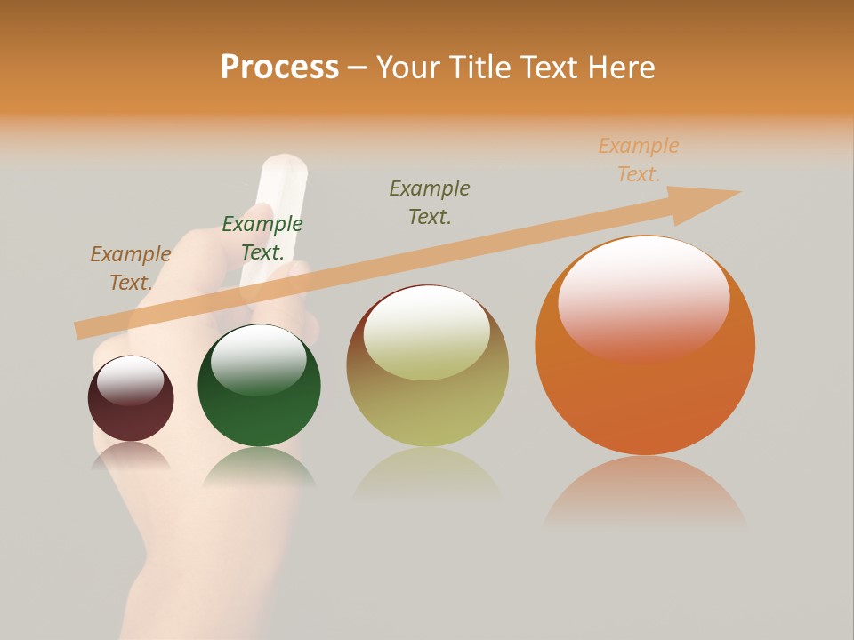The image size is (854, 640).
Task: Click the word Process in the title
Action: (x=279, y=68)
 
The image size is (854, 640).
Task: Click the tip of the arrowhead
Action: (x=740, y=192)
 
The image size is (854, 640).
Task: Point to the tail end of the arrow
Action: (x=77, y=331)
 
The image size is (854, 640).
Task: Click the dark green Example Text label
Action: (x=262, y=238)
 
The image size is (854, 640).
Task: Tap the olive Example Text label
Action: (x=430, y=202)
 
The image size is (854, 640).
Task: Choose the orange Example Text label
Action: (x=639, y=160)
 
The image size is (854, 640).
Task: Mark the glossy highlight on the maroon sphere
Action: (x=131, y=380)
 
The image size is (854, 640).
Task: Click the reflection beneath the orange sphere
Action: (x=645, y=493)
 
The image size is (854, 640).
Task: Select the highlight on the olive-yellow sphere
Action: (x=426, y=332)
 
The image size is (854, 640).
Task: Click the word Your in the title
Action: (x=410, y=68)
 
